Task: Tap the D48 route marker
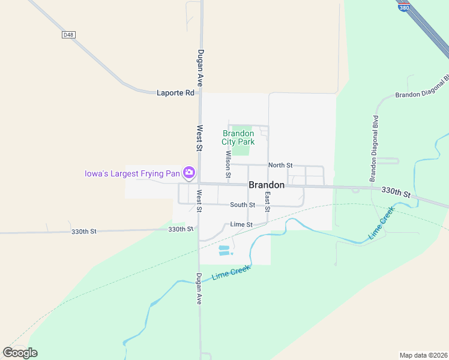[68, 35]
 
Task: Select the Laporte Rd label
[176, 93]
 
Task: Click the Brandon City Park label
[238, 137]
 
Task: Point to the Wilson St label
[228, 164]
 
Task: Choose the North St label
[280, 165]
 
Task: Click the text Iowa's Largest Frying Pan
[132, 174]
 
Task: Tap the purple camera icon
[189, 173]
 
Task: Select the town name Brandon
[267, 185]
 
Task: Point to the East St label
[268, 202]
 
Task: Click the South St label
[243, 205]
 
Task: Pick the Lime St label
[241, 224]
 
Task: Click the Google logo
[20, 353]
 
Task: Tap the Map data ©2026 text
[423, 355]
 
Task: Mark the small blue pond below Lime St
[224, 250]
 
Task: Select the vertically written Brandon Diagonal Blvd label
[375, 148]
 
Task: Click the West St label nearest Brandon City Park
[199, 137]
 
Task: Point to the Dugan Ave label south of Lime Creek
[199, 289]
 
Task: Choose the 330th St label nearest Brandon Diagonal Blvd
[396, 191]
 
